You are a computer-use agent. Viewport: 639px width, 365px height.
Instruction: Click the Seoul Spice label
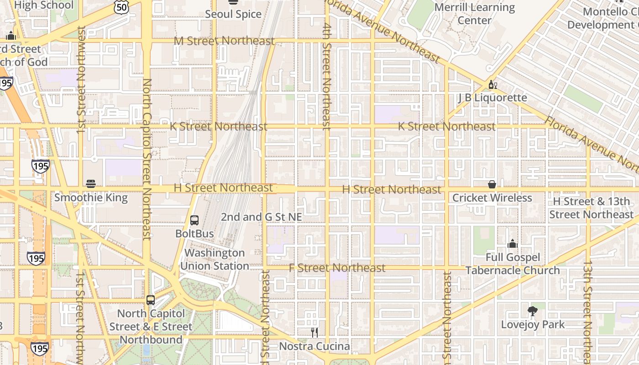[x=233, y=14]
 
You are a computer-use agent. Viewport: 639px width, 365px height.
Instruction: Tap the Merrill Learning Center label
[x=475, y=14]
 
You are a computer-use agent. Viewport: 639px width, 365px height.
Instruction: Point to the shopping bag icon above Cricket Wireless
[x=492, y=184]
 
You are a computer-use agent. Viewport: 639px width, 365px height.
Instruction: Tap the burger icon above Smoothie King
[x=91, y=184]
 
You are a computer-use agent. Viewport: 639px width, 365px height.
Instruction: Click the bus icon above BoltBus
[x=194, y=220]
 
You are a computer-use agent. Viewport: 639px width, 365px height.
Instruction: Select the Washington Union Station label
[x=215, y=259]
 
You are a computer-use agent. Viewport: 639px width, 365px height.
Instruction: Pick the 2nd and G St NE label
[x=262, y=217]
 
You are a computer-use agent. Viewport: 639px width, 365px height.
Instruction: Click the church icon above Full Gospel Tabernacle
[x=512, y=244]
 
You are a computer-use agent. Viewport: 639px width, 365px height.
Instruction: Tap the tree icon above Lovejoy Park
[x=532, y=311]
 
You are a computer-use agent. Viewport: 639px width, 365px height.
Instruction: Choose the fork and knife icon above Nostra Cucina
[x=314, y=333]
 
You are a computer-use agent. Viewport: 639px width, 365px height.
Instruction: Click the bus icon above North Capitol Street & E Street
[x=151, y=300]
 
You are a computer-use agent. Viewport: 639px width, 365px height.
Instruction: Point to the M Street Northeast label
[x=224, y=41]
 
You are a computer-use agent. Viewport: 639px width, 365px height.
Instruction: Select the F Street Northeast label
[x=337, y=268]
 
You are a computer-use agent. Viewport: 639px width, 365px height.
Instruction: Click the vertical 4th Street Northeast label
[x=326, y=76]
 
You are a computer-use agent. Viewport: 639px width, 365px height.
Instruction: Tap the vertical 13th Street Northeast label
[x=588, y=310]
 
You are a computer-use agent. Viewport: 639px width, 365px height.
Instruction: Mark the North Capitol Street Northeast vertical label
[x=147, y=159]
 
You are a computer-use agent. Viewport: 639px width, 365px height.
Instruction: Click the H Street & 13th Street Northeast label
[x=591, y=208]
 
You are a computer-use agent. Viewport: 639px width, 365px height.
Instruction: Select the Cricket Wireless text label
[x=492, y=198]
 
